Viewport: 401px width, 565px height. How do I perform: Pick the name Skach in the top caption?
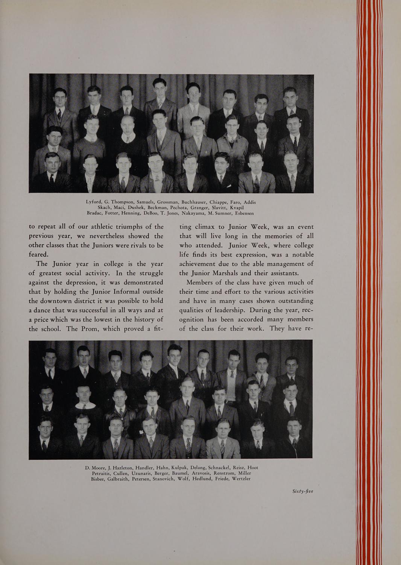(x=104, y=208)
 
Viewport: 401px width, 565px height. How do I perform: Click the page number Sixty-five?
(x=302, y=491)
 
